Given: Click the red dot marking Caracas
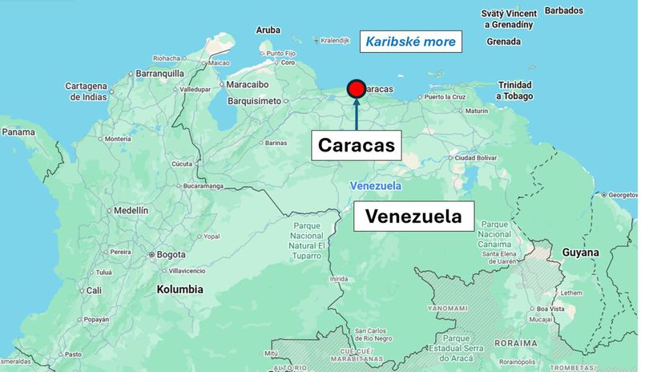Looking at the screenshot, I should pos(357,89).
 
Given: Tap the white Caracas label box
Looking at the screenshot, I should pos(357,145).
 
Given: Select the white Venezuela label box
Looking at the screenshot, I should pos(413,216).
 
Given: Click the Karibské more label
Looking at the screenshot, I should pos(411,42).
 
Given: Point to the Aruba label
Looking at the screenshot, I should pos(268,30).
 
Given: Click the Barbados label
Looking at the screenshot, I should pos(564,10).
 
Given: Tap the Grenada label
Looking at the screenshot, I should pos(503,42).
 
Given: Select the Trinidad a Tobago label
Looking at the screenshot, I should pos(514,90).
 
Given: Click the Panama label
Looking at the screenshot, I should pos(18,132).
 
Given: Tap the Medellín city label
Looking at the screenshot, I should pos(131,210).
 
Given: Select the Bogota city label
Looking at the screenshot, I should pos(171,255).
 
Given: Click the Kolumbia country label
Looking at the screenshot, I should pos(179,289).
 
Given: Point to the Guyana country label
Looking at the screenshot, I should pos(580,253).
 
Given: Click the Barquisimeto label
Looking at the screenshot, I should pos(254,101).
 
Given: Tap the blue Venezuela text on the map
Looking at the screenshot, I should pos(375,186).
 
